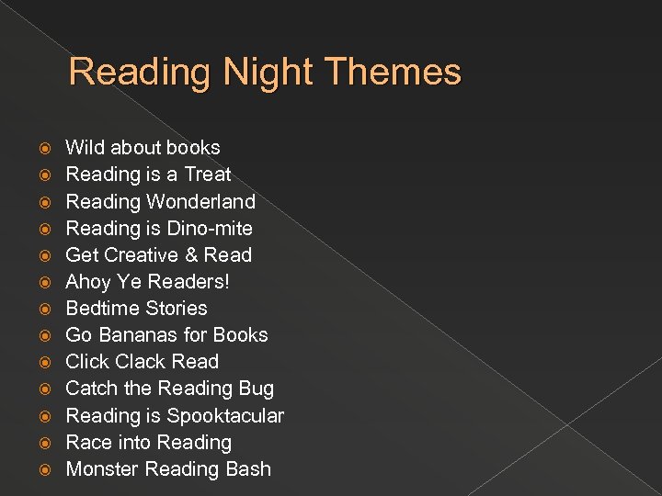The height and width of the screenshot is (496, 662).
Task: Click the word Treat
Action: coord(207,175)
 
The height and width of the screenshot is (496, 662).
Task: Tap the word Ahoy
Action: coord(88,281)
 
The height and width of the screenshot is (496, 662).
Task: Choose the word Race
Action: coord(87,442)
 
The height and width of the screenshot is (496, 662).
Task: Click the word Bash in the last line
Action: coord(247,468)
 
